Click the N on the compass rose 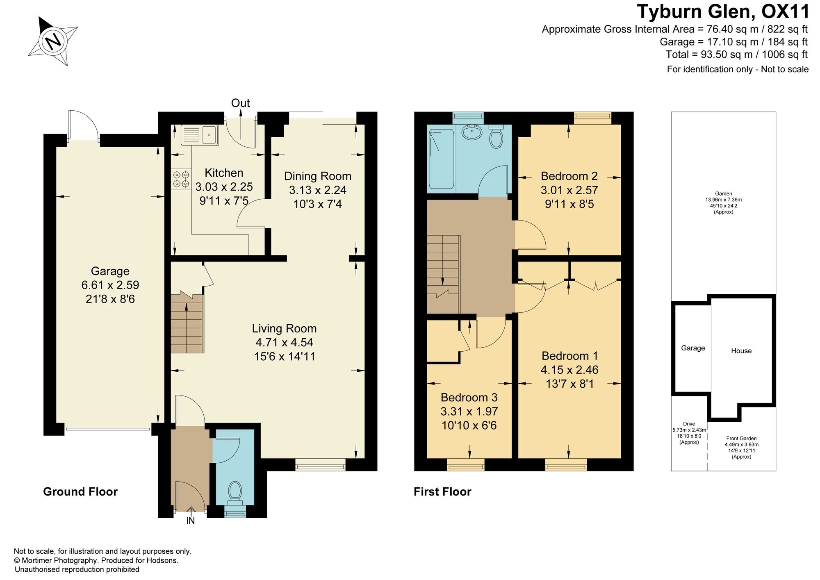(53, 41)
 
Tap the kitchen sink (200, 134)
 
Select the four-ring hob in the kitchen (181, 180)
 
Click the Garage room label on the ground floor (110, 271)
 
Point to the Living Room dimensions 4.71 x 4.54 (285, 342)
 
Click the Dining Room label (318, 176)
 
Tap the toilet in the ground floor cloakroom (235, 492)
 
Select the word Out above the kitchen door (240, 103)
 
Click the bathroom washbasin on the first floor (473, 132)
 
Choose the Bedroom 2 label (569, 176)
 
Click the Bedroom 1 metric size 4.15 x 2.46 (569, 370)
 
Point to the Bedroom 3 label (469, 397)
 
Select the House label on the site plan (741, 351)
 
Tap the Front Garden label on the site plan (741, 438)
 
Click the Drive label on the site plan (689, 424)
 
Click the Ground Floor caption (80, 492)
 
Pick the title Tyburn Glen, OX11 (723, 11)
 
